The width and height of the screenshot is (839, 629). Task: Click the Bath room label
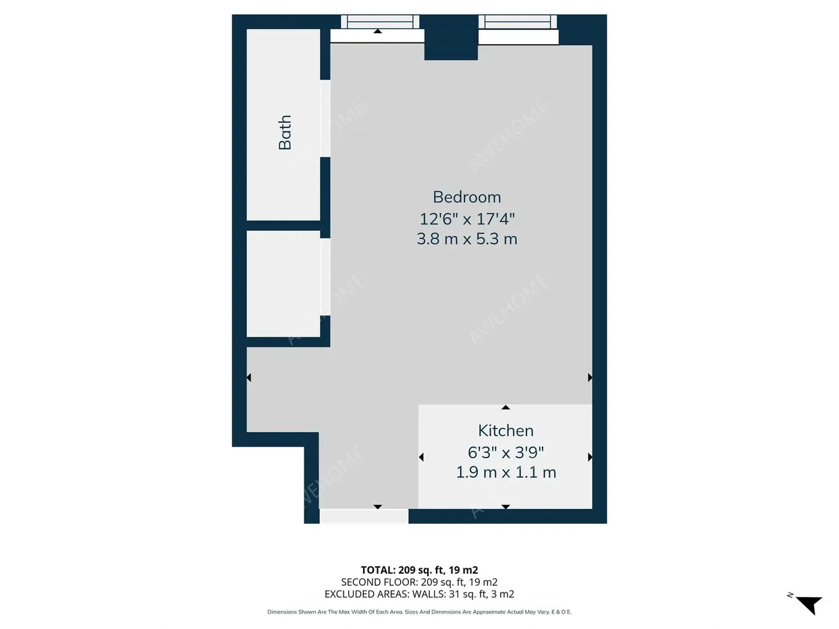pos(285,132)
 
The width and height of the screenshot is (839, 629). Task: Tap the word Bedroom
pos(466,197)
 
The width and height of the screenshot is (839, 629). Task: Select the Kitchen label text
pos(506,431)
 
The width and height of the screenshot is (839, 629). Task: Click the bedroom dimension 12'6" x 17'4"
pos(466,219)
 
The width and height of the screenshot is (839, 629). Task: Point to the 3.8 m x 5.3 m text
pos(466,239)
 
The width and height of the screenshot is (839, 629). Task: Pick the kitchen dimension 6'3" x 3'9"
pos(506,452)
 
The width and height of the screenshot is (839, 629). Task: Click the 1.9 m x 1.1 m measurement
pos(506,472)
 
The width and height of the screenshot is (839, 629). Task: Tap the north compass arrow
pos(809,605)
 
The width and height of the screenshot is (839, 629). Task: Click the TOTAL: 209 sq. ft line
pos(419,570)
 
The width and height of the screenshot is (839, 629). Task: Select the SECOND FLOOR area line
pos(419,582)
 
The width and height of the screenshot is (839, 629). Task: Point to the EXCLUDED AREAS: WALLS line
pos(419,594)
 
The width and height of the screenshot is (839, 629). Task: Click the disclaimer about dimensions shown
pos(419,612)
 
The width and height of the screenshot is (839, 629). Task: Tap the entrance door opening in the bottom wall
pos(364,516)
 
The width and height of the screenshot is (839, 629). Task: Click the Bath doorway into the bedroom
pos(325,118)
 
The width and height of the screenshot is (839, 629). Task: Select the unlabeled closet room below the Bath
pos(283,283)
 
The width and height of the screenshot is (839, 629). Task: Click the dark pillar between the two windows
pos(451,37)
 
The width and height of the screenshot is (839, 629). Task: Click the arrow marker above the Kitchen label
pos(506,408)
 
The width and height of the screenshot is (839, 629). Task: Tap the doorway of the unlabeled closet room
pos(325,277)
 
